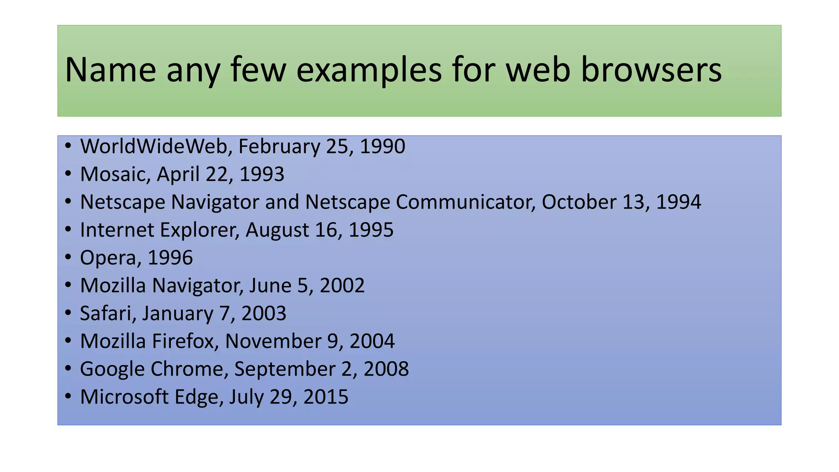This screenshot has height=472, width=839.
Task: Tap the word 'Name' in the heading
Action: pyautogui.click(x=110, y=70)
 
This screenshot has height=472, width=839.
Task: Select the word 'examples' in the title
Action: pyautogui.click(x=369, y=70)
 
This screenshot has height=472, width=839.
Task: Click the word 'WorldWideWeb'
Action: pyautogui.click(x=154, y=146)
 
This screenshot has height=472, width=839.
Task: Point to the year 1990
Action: pyautogui.click(x=382, y=146)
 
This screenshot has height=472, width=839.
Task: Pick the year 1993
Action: pyautogui.click(x=262, y=174)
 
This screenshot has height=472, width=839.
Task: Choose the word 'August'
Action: pyautogui.click(x=277, y=230)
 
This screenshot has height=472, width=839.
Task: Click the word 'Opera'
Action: pyautogui.click(x=108, y=258)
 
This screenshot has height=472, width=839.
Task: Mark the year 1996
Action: pyautogui.click(x=170, y=258)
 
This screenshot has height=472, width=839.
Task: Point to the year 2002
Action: pyautogui.click(x=342, y=286)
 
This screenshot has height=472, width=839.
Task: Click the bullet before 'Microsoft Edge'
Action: pyautogui.click(x=68, y=396)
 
